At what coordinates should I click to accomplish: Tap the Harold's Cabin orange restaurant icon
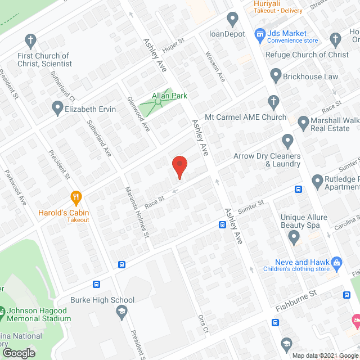pyautogui.click(x=76, y=197)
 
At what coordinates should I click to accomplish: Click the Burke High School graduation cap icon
pyautogui.click(x=121, y=310)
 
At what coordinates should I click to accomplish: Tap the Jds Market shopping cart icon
pyautogui.click(x=259, y=35)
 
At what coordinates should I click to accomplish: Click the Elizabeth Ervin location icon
pyautogui.click(x=57, y=107)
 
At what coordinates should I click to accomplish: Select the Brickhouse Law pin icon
pyautogui.click(x=276, y=75)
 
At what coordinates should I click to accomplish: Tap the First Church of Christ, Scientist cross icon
pyautogui.click(x=31, y=40)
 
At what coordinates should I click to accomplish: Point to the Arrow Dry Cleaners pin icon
pyautogui.click(x=288, y=140)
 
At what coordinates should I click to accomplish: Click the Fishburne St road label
pyautogui.click(x=297, y=301)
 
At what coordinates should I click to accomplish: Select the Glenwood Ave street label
pyautogui.click(x=138, y=114)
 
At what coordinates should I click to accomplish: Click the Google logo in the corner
pyautogui.click(x=19, y=353)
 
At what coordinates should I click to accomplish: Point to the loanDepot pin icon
pyautogui.click(x=232, y=19)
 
